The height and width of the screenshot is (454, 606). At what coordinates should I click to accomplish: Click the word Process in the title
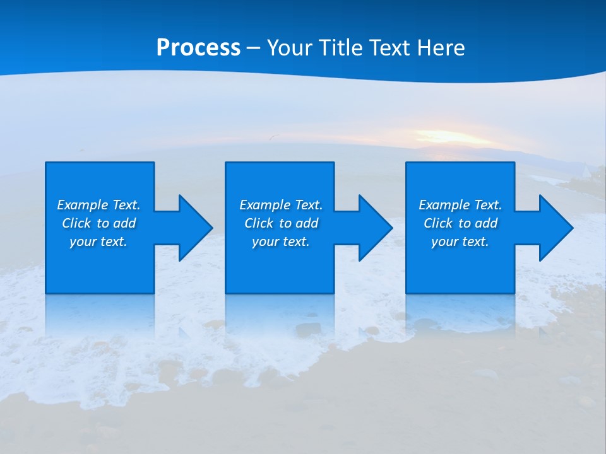[198, 48]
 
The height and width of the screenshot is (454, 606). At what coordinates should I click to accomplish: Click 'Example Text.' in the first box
[98, 205]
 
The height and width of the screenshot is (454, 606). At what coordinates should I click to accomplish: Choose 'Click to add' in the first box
[98, 223]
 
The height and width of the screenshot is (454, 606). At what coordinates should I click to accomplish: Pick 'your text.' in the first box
[98, 242]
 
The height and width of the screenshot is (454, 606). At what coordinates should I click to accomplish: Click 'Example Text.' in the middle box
[280, 205]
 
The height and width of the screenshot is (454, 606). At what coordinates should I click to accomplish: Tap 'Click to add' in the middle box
[280, 223]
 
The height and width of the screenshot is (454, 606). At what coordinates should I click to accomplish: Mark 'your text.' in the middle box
[280, 242]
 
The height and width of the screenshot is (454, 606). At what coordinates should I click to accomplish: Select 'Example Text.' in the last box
[460, 205]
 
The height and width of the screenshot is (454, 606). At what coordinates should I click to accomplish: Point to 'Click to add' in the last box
[460, 223]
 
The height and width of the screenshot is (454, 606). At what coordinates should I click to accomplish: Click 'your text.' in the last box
[460, 242]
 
